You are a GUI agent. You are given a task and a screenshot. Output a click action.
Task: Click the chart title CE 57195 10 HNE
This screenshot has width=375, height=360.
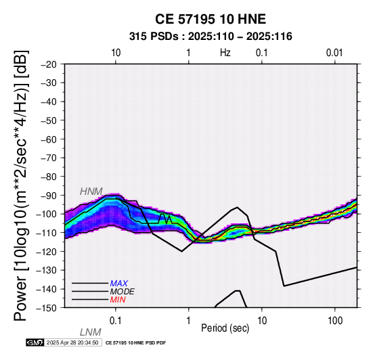[x=211, y=19]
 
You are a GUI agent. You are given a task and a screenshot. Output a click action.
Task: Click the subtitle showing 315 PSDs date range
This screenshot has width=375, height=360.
[x=211, y=37]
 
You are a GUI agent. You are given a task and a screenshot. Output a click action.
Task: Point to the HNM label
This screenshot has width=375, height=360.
[x=91, y=192]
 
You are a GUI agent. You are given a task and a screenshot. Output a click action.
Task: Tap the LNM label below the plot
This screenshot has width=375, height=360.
[x=91, y=332]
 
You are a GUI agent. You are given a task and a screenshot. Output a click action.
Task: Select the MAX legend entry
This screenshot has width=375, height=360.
[x=119, y=284]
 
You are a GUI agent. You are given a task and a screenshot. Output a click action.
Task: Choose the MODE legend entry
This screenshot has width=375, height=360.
[x=123, y=292]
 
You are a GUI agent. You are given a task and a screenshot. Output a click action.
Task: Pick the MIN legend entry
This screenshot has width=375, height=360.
[x=118, y=300]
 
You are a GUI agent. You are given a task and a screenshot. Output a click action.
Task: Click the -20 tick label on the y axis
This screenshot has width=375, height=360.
[x=49, y=64]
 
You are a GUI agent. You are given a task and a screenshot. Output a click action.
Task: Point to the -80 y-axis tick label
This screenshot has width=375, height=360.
[x=49, y=177]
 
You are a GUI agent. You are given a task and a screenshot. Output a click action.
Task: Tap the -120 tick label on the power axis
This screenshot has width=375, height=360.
[x=47, y=252]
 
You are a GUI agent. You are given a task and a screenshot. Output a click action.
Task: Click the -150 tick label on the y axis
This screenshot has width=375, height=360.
[x=47, y=308]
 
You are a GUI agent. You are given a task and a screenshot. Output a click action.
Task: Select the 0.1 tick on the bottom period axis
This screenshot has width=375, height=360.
[x=115, y=321]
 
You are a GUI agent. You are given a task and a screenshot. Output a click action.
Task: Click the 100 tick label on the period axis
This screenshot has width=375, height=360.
[x=335, y=321]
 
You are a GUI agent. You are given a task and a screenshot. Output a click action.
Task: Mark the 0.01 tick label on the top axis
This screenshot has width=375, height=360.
[x=334, y=53]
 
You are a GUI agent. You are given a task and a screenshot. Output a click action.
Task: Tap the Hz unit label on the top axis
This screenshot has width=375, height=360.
[x=225, y=53]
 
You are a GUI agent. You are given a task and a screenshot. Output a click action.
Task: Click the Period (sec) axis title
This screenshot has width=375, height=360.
[x=225, y=328]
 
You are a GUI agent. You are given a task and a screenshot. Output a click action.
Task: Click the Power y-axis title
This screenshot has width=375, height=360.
[x=21, y=185]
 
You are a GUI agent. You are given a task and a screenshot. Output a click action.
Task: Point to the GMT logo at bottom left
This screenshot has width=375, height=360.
[x=35, y=343]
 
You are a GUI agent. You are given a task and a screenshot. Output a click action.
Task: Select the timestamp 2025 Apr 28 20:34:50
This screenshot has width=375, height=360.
[x=72, y=343]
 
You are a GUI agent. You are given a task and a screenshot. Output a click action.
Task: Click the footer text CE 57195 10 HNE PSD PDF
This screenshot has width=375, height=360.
[x=135, y=343]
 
